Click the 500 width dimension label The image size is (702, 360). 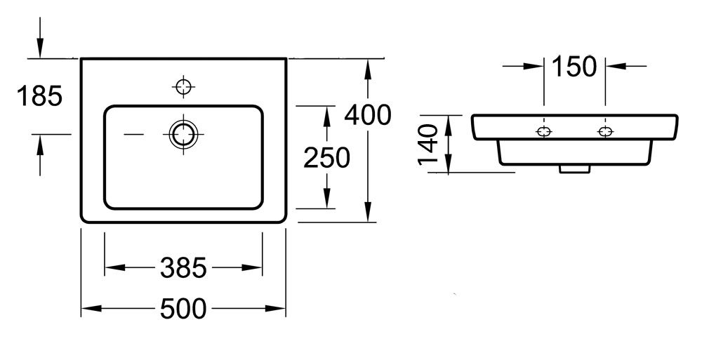183,309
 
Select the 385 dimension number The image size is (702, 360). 183,268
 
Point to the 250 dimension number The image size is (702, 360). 327,158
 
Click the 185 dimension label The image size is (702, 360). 40,96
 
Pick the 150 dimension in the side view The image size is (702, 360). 574,66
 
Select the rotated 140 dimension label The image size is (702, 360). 428,144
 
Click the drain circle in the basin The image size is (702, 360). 183,134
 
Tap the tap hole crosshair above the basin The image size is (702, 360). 183,86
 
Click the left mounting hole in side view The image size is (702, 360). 544,132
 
